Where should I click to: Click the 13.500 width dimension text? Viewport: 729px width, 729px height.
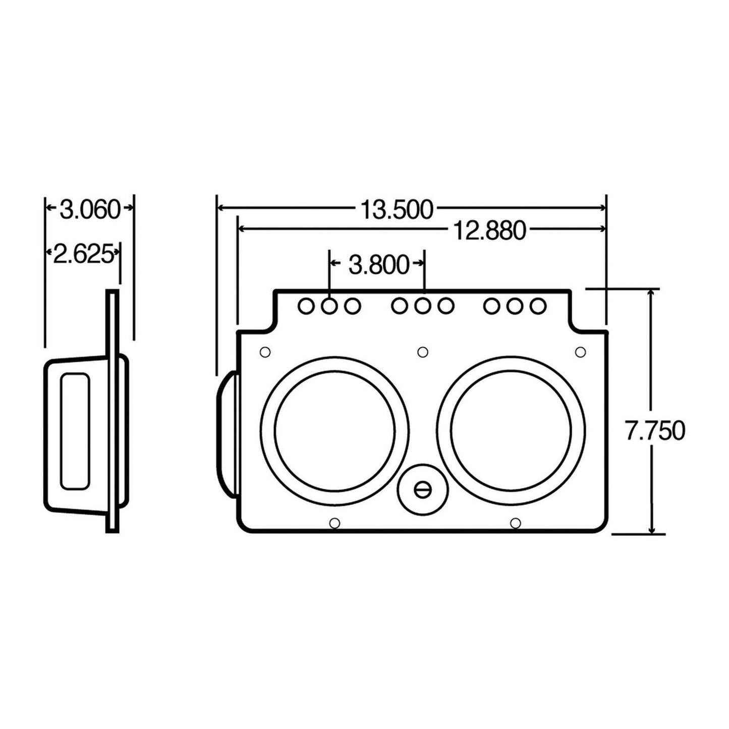tap(397, 209)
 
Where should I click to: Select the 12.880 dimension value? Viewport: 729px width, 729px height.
tap(489, 231)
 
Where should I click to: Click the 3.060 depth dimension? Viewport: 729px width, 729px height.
tap(90, 209)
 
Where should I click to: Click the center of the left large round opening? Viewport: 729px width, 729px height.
tap(335, 430)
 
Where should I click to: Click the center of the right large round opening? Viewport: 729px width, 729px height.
tap(511, 430)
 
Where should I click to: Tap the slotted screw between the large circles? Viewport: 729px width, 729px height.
tap(422, 489)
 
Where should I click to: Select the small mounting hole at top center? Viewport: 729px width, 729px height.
tap(423, 352)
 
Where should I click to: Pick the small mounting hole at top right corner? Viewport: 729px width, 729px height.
tap(581, 352)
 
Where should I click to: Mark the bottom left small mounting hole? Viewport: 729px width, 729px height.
tap(334, 523)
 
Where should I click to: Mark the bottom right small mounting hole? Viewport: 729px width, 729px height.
tap(515, 523)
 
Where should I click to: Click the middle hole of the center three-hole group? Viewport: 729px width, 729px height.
tap(423, 305)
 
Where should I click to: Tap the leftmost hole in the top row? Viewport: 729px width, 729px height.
tap(306, 305)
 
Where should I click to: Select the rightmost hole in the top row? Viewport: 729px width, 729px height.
tap(538, 305)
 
